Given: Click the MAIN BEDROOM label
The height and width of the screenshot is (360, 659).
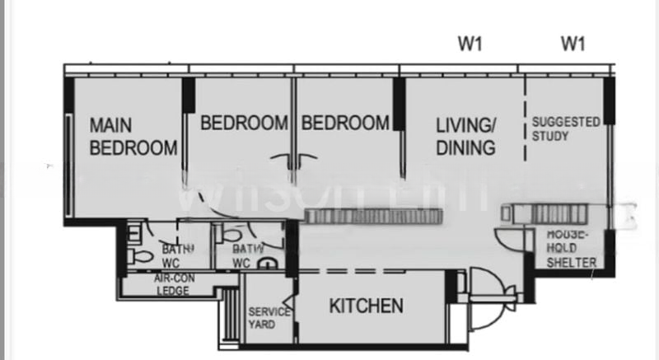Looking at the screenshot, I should pyautogui.click(x=133, y=137).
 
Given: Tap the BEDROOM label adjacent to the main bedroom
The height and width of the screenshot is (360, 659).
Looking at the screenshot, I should pyautogui.click(x=244, y=124).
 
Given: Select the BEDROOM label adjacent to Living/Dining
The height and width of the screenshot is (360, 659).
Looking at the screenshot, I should pyautogui.click(x=344, y=124).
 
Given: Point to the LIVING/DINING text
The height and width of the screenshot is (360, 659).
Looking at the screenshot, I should pyautogui.click(x=466, y=137).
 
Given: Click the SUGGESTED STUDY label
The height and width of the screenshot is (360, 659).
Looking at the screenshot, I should pyautogui.click(x=566, y=129).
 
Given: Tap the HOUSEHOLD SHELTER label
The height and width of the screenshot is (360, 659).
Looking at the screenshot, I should pyautogui.click(x=572, y=250).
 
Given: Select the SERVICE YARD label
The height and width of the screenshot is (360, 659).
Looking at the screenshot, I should pyautogui.click(x=269, y=318).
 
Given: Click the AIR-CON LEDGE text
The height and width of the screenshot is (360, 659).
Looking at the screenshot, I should pyautogui.click(x=172, y=284).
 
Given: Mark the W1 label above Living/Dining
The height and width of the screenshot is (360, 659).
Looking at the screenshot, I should pyautogui.click(x=470, y=44).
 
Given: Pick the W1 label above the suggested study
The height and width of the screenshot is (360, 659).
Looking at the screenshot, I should pyautogui.click(x=573, y=44).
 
